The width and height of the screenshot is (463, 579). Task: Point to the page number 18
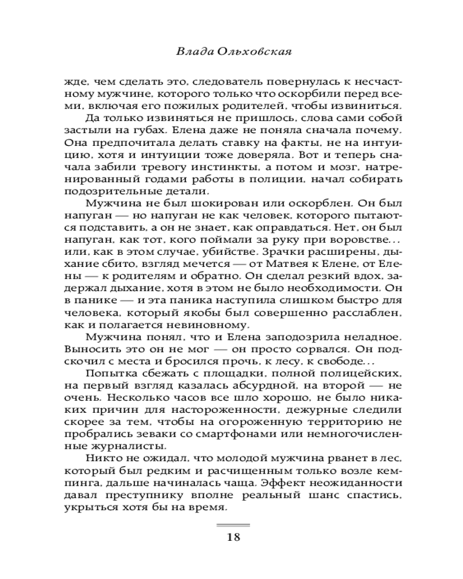[233, 537]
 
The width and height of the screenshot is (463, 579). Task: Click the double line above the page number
[233, 525]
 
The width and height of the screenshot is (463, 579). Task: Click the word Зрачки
[283, 248]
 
